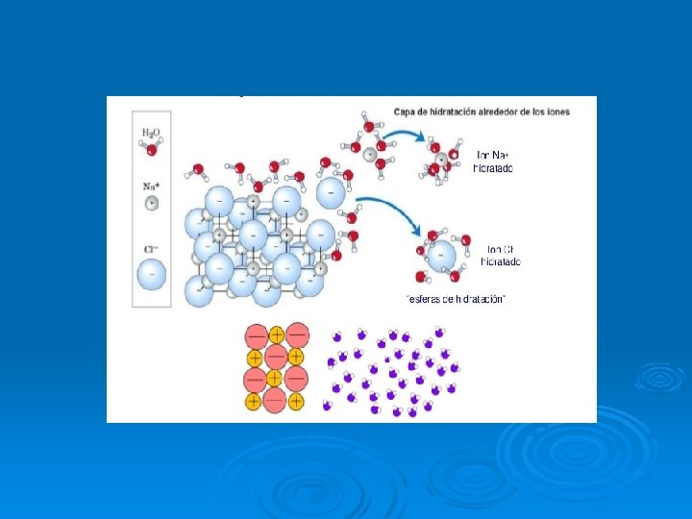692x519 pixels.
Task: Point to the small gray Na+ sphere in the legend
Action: coord(151,203)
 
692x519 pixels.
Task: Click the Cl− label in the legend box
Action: coord(151,249)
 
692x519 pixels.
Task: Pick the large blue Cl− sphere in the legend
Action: coord(151,275)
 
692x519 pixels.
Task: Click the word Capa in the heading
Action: coord(405,111)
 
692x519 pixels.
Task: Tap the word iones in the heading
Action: coord(556,111)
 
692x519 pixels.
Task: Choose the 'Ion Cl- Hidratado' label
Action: coord(501,255)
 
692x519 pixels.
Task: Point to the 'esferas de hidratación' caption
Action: coord(456,299)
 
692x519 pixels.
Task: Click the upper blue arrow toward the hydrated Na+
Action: coord(408,138)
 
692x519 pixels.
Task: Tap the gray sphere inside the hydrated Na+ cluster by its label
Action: coord(441,160)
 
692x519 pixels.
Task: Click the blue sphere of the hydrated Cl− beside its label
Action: coord(442,256)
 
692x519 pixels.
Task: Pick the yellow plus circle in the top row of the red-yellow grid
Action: coord(276,334)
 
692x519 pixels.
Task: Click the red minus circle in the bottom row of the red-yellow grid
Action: coord(276,399)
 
